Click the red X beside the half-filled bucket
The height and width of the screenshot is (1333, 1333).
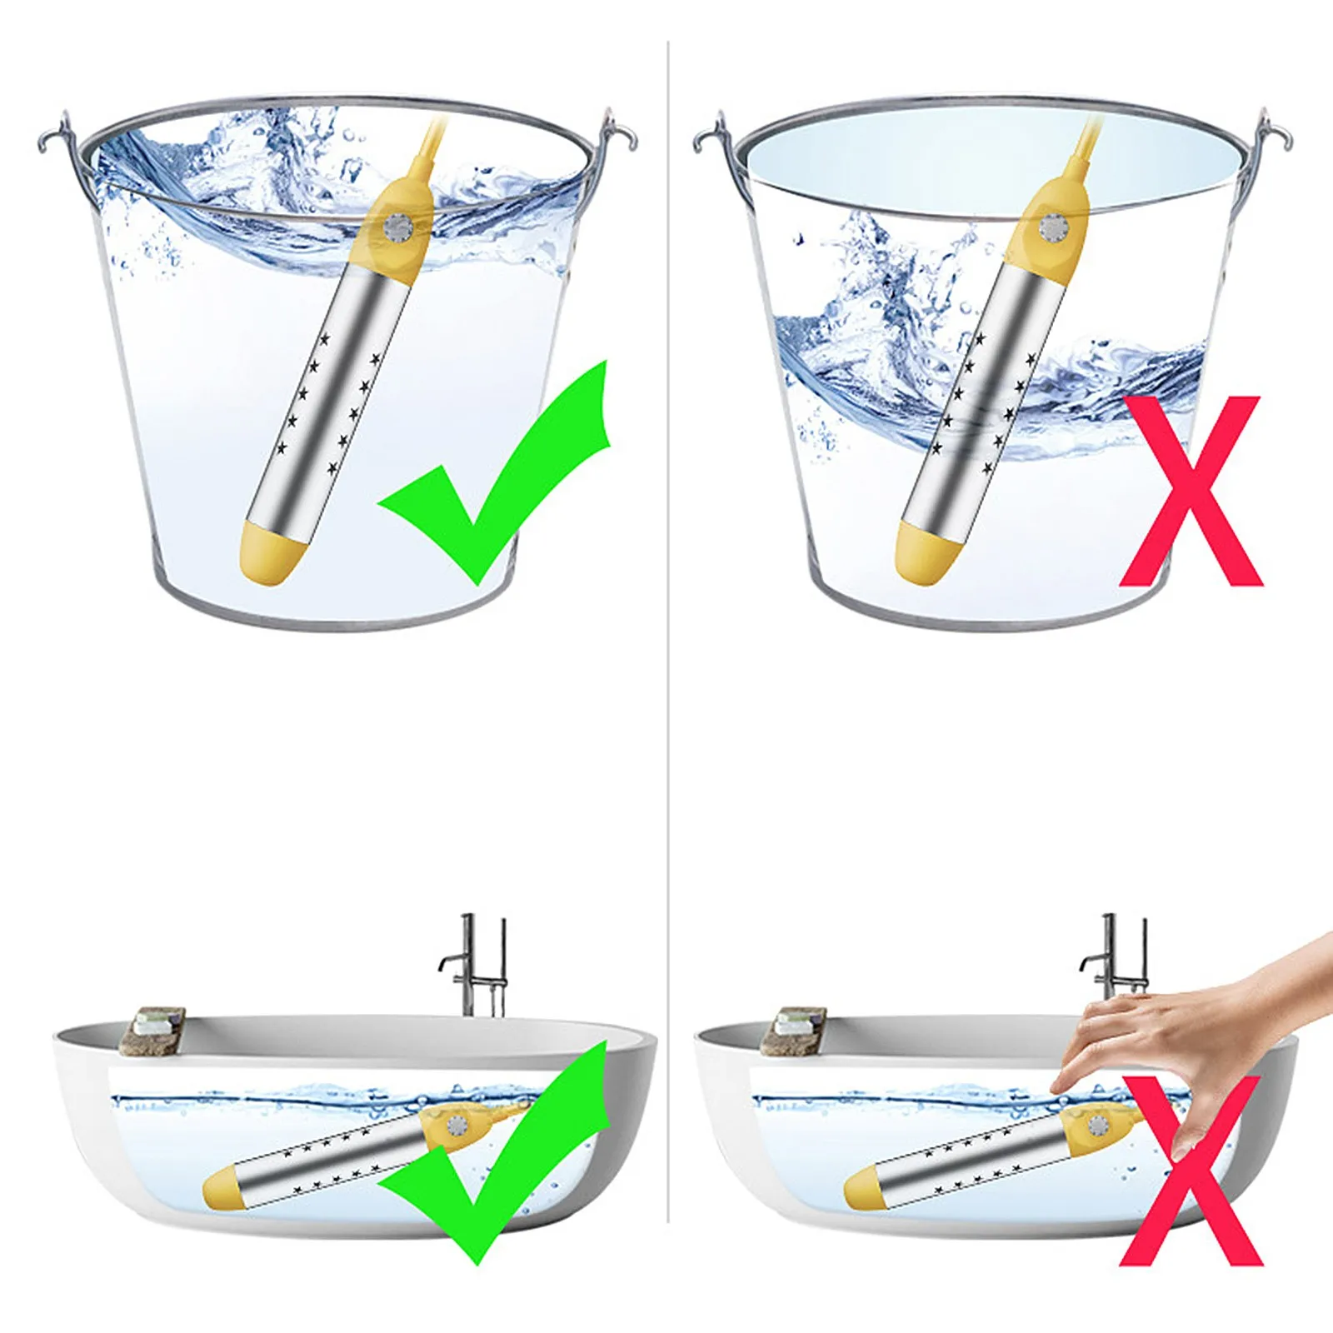[x=1191, y=492]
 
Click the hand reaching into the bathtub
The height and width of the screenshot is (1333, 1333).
[x=1183, y=1025]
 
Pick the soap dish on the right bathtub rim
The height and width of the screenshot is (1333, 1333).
[x=796, y=1030]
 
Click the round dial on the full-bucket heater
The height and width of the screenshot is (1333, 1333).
[x=397, y=228]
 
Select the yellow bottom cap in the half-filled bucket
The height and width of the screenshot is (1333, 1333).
[x=921, y=553]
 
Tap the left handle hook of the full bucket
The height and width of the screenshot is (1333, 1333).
[x=52, y=133]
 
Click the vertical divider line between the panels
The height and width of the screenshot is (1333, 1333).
[x=668, y=666]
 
